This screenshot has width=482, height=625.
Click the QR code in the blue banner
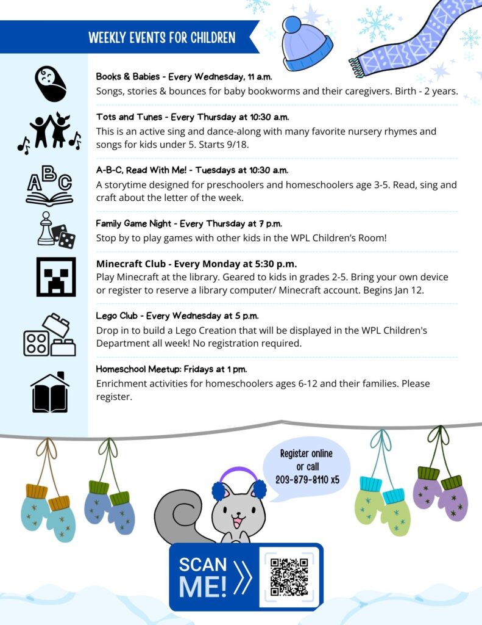[289, 577]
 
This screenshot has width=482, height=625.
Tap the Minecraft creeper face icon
[56, 276]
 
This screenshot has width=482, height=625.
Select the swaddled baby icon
[51, 84]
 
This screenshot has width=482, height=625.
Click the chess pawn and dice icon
[56, 230]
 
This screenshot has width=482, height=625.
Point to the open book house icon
[50, 392]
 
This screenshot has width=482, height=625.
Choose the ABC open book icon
[49, 186]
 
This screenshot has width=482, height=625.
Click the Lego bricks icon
[50, 336]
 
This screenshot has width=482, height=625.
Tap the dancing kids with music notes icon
[50, 133]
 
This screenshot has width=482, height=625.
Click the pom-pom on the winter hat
[292, 25]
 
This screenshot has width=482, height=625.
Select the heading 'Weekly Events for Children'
[161, 38]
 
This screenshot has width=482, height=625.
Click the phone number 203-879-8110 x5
[307, 480]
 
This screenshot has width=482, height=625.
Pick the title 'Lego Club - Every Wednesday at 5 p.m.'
[177, 316]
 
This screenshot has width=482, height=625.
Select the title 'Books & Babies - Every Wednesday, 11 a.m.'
[184, 77]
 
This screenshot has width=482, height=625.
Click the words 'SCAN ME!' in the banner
[204, 577]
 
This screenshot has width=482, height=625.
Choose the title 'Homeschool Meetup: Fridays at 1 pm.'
[171, 369]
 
